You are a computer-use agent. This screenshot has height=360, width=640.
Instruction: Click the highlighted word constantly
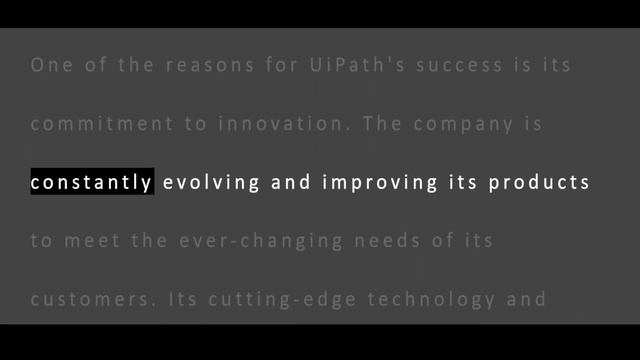(x=92, y=182)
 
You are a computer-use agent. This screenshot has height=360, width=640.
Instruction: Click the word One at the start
(x=50, y=66)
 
